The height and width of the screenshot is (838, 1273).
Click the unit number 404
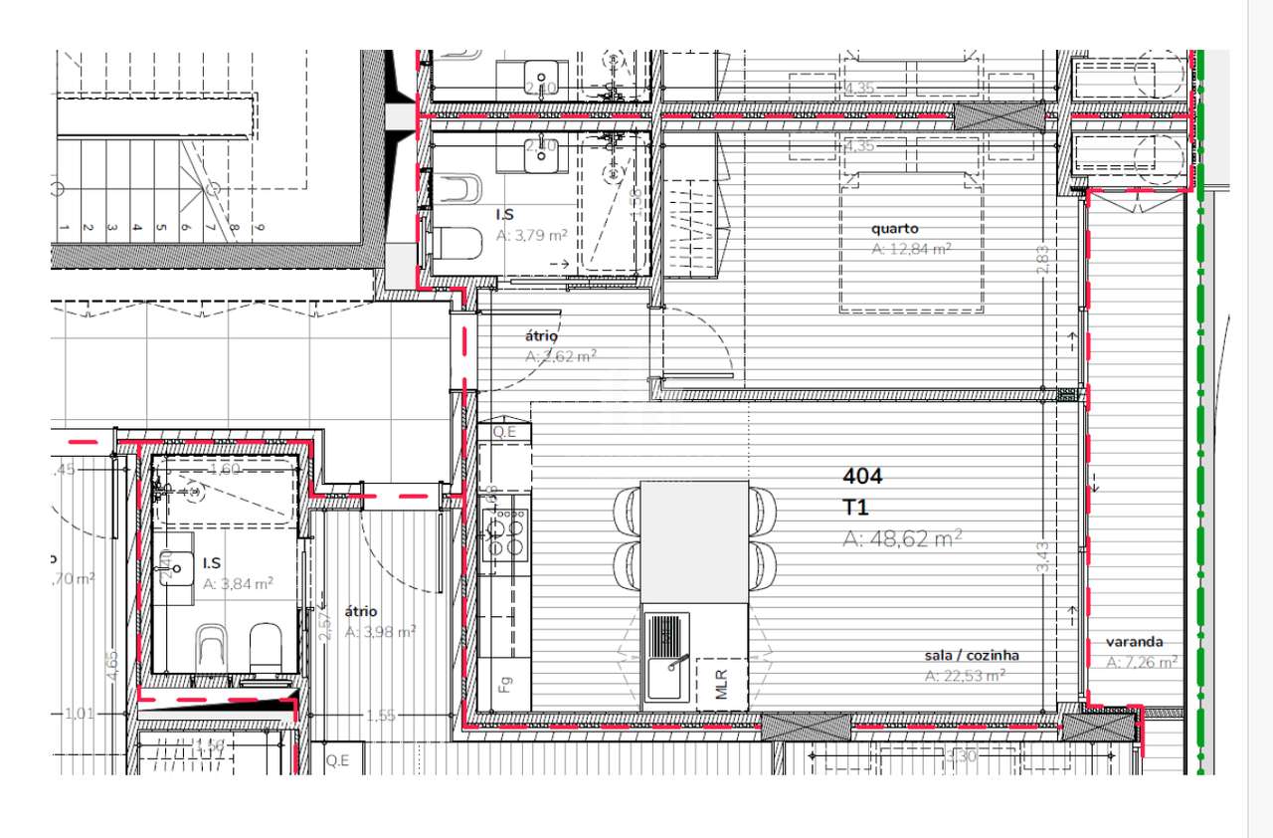coord(862,476)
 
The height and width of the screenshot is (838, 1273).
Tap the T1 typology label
coord(855,507)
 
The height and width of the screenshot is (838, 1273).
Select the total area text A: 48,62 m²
coord(902,538)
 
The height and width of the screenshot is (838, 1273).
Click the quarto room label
coord(895,229)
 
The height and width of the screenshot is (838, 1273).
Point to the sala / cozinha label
coord(972,655)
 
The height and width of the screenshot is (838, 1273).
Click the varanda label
coord(1135,642)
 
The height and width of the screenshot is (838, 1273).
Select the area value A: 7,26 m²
coord(1142,662)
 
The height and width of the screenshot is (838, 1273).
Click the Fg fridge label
coord(505,685)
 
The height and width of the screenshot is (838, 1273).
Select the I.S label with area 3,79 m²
coord(505,214)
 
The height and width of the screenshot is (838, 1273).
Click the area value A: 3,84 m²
coord(238,584)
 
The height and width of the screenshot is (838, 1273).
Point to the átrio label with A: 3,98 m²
coord(361,611)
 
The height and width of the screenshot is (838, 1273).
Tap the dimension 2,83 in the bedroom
coord(1041,262)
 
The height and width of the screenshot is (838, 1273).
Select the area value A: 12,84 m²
coord(911,249)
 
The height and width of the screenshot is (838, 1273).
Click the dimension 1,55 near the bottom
coord(381,715)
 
